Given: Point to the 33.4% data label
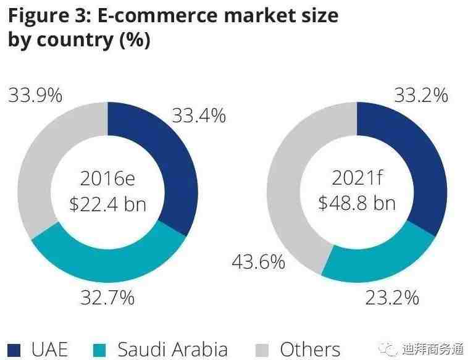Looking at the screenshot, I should pyautogui.click(x=199, y=115).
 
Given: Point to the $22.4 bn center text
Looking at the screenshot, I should pyautogui.click(x=107, y=203).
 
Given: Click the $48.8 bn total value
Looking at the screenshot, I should pyautogui.click(x=356, y=203).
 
